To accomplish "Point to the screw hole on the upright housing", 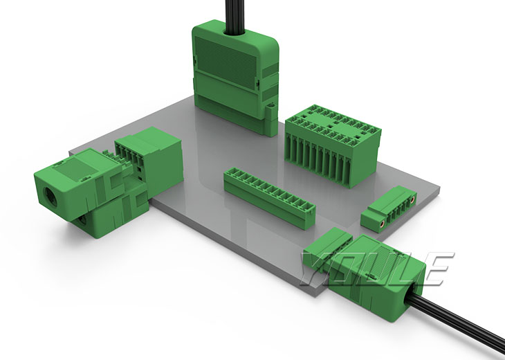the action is click(x=271, y=105).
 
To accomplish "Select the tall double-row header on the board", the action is click(x=333, y=145).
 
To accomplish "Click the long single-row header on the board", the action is click(x=270, y=197).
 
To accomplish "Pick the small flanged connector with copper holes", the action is click(x=389, y=208).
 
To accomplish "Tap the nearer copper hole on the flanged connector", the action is click(x=383, y=223).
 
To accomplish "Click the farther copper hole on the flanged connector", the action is click(x=412, y=200).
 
